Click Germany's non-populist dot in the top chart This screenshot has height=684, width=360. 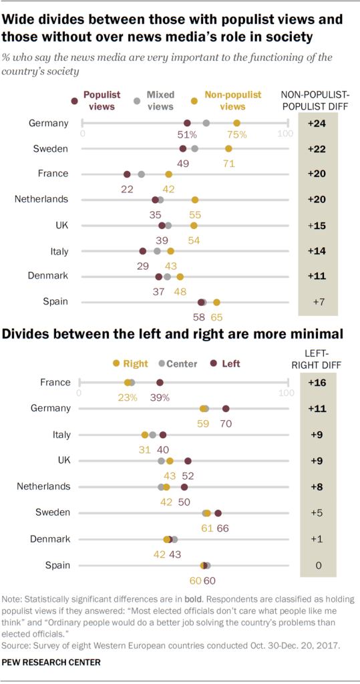237,123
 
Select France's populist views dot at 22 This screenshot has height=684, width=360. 127,174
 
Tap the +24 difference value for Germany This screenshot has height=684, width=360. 317,123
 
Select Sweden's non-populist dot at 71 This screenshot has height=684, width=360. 229,148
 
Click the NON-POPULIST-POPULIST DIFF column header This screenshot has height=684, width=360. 317,100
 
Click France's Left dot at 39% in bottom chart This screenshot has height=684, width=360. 160,383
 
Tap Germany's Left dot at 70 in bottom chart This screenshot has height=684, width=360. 226,409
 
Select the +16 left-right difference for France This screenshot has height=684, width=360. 317,383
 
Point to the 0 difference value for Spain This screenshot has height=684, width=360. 318,565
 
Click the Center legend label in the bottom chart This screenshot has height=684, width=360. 180,363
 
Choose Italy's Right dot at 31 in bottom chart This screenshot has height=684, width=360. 145,435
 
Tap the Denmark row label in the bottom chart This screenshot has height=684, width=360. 50,539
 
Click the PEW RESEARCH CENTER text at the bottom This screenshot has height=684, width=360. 52,662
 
